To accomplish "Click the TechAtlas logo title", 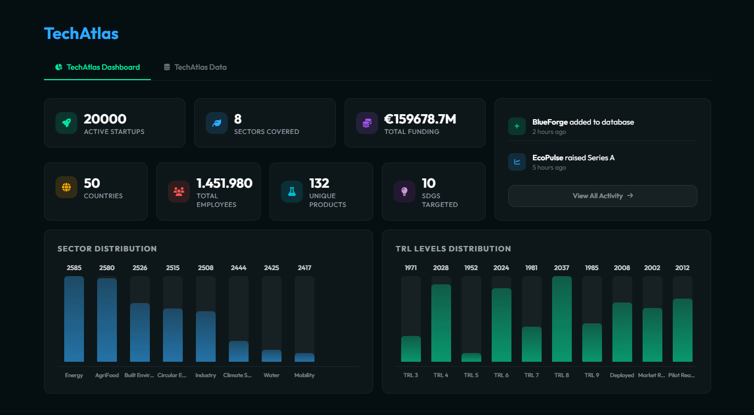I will pyautogui.click(x=81, y=33).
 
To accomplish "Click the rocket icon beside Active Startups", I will pyautogui.click(x=66, y=123).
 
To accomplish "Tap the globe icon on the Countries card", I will pyautogui.click(x=66, y=187).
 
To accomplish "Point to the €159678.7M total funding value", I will pyautogui.click(x=420, y=119).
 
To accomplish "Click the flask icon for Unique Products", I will pyautogui.click(x=292, y=192).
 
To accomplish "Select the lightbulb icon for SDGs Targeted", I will pyautogui.click(x=404, y=192).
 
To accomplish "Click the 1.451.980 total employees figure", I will pyautogui.click(x=224, y=183).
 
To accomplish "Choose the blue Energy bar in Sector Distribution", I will pyautogui.click(x=74, y=319).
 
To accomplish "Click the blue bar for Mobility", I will pyautogui.click(x=305, y=357).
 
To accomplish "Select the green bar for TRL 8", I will pyautogui.click(x=561, y=319).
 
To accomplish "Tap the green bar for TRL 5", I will pyautogui.click(x=471, y=357).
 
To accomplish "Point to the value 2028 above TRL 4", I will pyautogui.click(x=441, y=268).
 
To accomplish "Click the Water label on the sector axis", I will pyautogui.click(x=272, y=375).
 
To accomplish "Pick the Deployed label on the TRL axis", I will pyautogui.click(x=622, y=375).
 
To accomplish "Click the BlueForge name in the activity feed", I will pyautogui.click(x=550, y=122).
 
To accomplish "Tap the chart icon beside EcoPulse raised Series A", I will pyautogui.click(x=516, y=162).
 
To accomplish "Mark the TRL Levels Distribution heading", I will pyautogui.click(x=453, y=249).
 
